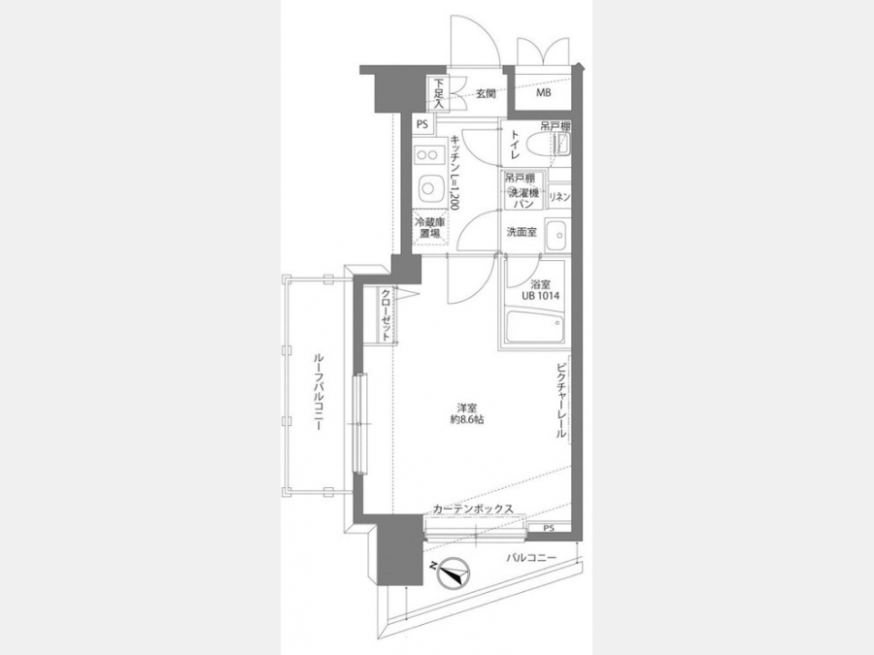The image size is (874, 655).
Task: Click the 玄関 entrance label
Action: (486, 93)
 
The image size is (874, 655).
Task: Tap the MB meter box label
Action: (544, 92)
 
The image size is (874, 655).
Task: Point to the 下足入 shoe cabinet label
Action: (439, 93)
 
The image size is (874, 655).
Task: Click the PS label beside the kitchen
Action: (422, 124)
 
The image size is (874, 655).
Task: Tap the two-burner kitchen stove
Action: (428, 153)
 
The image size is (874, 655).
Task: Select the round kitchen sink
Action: (428, 187)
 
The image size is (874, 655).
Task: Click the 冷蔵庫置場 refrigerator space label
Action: (430, 227)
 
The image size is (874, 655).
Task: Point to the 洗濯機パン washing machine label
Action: (522, 197)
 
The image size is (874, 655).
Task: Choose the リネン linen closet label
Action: (559, 197)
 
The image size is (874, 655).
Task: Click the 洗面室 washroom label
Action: (521, 232)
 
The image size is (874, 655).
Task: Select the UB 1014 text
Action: (540, 296)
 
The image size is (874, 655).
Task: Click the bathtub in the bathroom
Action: (536, 327)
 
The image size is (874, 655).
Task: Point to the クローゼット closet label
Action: (386, 313)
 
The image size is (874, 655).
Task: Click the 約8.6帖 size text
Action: (467, 419)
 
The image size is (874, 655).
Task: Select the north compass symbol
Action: (454, 573)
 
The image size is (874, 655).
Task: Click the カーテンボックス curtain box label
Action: (473, 508)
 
